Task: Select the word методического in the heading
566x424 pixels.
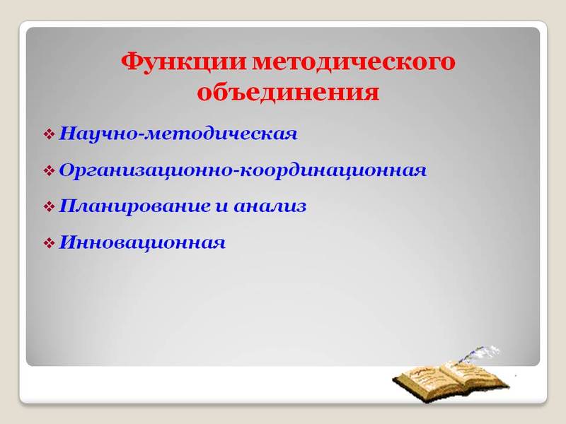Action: (x=353, y=62)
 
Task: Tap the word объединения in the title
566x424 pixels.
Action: (x=287, y=93)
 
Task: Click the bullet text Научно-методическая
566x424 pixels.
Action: (x=178, y=134)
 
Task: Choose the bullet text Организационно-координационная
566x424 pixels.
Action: (x=243, y=170)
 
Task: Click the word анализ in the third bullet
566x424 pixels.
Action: (x=270, y=207)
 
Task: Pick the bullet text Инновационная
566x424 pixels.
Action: (x=143, y=244)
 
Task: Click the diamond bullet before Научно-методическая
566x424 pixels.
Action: (x=50, y=134)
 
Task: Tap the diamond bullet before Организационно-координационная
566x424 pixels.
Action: (x=50, y=170)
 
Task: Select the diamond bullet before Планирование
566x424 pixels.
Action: (x=50, y=207)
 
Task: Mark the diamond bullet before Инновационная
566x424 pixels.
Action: (x=50, y=244)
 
